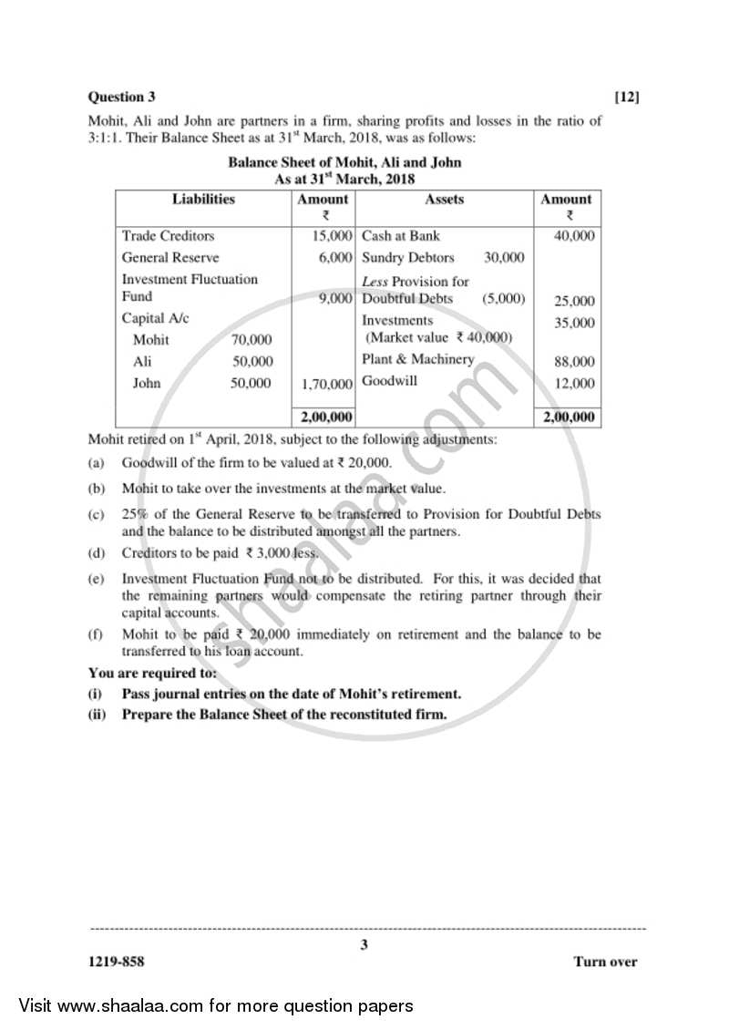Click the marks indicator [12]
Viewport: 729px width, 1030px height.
pos(627,97)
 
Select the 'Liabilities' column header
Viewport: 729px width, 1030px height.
pos(203,199)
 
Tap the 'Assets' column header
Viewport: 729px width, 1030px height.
pos(444,199)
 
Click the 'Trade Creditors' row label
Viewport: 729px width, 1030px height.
pos(169,236)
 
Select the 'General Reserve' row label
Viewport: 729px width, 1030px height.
pos(170,258)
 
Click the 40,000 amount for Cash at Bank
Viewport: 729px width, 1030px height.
pos(574,236)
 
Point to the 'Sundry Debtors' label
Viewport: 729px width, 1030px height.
pos(407,258)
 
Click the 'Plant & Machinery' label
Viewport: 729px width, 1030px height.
pos(417,359)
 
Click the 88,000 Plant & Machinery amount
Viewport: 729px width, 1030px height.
pos(574,362)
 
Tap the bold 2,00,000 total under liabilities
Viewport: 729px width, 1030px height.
pos(325,417)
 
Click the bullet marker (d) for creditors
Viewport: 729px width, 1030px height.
pos(96,553)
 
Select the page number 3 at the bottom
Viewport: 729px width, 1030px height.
pos(364,945)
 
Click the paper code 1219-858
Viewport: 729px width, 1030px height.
pos(116,963)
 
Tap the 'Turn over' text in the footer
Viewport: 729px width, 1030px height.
pos(605,963)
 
